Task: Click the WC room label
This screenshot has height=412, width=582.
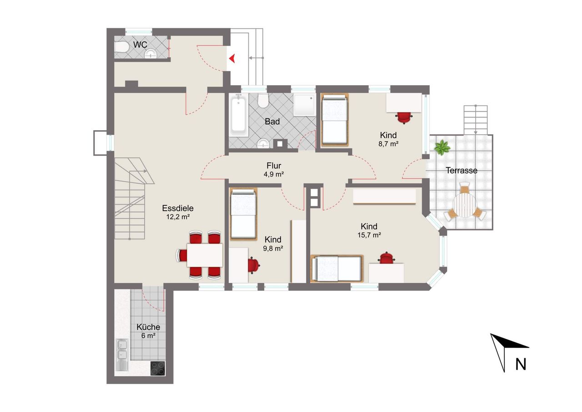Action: point(140,45)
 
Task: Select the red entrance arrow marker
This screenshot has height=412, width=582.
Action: point(232,58)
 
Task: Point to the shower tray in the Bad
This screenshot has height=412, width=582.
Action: point(305,105)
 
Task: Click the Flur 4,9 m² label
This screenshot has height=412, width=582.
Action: point(274,170)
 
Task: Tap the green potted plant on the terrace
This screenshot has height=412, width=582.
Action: point(442,148)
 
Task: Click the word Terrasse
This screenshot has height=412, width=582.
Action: point(462,170)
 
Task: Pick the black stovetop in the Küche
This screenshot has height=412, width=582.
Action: point(158,368)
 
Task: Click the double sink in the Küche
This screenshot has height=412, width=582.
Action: point(122,355)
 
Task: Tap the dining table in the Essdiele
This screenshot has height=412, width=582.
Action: point(205,255)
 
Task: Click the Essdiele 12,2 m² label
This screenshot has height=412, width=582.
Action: point(178,212)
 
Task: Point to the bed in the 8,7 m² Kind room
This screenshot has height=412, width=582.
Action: point(335,119)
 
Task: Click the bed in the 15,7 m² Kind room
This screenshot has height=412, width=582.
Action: point(337,269)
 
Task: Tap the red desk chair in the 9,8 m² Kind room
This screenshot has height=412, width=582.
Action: point(253,265)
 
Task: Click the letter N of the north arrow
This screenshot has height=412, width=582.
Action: point(521,364)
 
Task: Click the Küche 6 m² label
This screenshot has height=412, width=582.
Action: point(148,331)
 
